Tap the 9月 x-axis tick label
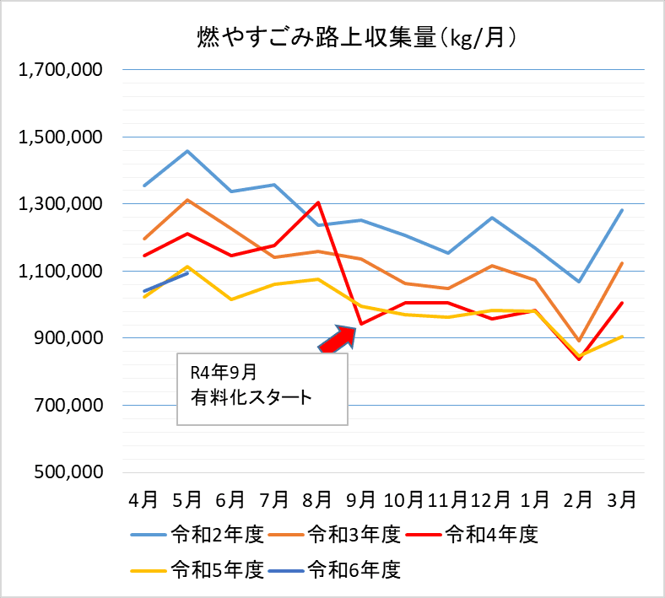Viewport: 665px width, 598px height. (360, 499)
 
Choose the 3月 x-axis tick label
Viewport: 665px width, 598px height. (622, 499)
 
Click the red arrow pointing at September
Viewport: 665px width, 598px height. (340, 338)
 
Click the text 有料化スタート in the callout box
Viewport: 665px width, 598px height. (252, 396)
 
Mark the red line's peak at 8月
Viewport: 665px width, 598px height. (317, 202)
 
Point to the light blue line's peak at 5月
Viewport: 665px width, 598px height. (187, 151)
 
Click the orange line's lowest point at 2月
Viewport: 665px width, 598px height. (578, 341)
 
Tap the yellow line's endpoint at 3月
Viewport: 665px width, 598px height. (622, 337)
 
